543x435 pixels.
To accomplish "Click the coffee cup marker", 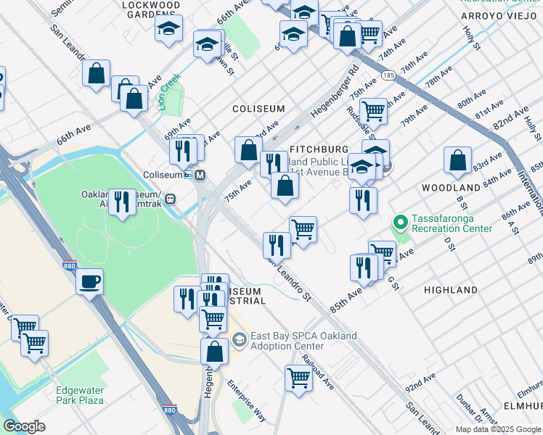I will pos(89,282).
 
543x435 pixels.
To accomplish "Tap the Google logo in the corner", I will pos(23,426).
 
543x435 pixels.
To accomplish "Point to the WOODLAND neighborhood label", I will pos(450,188).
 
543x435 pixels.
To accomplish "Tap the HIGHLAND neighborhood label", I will pos(450,290).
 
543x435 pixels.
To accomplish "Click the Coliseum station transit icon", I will pos(200,175).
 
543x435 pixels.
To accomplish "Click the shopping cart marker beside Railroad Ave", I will pos(299,378).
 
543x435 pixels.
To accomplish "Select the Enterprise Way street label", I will pos(247,401).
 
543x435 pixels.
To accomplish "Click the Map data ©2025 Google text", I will pos(499,429).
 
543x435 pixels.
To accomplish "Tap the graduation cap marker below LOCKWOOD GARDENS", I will pos(168,29).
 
